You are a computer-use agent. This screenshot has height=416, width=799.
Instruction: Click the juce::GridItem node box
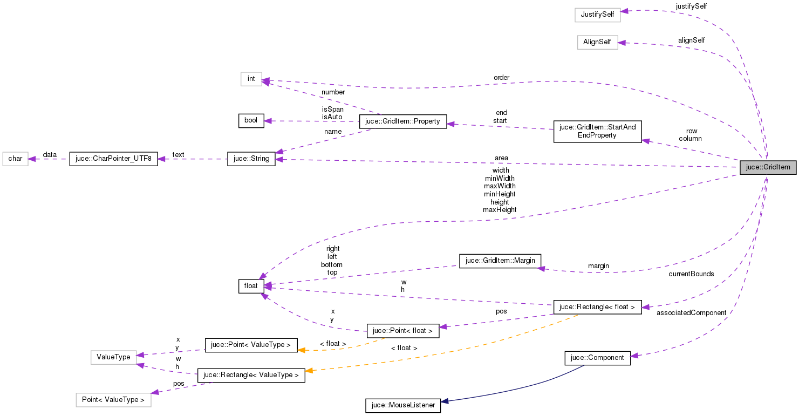768,167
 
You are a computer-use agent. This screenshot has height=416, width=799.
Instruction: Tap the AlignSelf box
597,42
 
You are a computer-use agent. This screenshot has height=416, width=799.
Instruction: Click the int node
251,79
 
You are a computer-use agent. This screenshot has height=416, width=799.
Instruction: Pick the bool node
251,120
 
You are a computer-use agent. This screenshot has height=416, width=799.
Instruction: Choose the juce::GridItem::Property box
403,121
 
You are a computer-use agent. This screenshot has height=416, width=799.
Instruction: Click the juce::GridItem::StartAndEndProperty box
597,131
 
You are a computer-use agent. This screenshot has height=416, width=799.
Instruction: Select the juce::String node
251,159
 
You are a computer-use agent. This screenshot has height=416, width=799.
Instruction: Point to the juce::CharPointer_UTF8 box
113,159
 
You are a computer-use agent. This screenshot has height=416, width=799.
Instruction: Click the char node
15,159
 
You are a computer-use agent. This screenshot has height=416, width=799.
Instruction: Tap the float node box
251,286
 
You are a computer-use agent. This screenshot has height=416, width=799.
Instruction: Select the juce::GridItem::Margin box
500,261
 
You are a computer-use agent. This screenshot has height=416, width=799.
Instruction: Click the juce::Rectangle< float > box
597,307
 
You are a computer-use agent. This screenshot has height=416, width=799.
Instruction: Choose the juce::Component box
597,357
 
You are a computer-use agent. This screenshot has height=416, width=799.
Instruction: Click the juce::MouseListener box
402,405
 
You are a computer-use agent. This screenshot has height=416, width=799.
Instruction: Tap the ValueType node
113,357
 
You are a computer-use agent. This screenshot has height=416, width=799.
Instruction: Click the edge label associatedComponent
691,313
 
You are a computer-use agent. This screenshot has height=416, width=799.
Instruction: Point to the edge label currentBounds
691,274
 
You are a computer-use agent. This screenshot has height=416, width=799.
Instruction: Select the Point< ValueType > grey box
113,400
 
